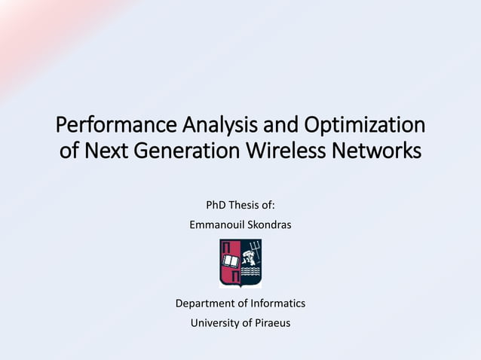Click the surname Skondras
[x=269, y=224]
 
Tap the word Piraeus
[x=270, y=323]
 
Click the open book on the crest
[x=230, y=260]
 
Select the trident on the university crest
[x=255, y=251]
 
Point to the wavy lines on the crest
[x=251, y=273]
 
